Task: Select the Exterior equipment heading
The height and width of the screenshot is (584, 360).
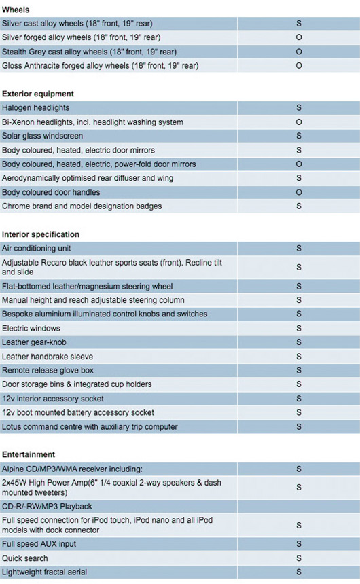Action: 38,94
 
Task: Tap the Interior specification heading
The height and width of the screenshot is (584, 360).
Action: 41,234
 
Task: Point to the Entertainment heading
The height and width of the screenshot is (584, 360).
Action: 29,454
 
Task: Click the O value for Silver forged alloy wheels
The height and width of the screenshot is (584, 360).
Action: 299,37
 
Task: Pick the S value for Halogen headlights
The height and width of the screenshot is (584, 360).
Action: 299,108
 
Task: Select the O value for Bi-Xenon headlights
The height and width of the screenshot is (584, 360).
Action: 299,122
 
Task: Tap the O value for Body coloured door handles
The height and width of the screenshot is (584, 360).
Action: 299,192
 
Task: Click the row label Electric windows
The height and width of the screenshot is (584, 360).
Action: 31,329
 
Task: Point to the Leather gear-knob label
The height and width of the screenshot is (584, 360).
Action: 34,342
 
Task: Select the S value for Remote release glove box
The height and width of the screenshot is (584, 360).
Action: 299,371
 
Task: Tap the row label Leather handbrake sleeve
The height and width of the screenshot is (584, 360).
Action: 48,357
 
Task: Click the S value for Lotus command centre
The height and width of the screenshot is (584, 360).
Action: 299,427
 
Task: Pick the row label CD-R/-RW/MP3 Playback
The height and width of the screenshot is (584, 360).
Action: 47,507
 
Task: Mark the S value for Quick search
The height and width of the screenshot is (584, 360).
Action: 299,558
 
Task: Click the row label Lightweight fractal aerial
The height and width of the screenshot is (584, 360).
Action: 45,572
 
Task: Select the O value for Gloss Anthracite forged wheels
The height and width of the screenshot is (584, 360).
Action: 299,66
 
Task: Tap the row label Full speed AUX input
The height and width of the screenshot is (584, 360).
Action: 39,544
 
